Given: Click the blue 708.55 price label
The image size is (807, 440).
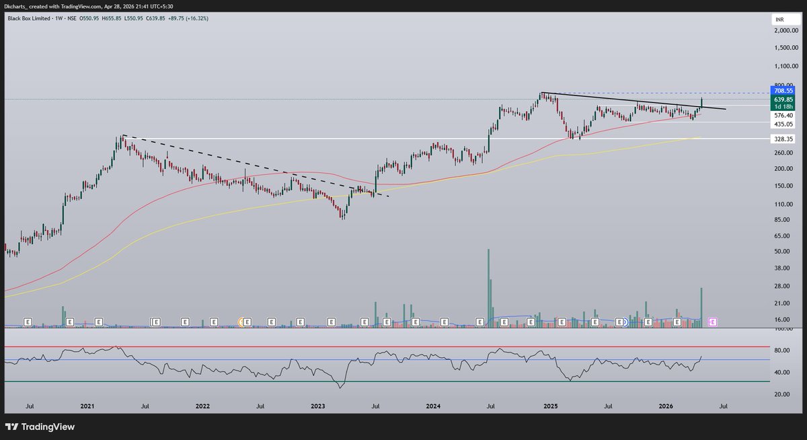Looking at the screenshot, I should coord(783,90).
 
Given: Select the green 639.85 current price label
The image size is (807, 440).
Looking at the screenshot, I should coord(783,100).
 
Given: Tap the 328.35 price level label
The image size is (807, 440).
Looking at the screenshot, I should coord(783,139).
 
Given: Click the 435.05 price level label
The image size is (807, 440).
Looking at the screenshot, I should coord(783,124).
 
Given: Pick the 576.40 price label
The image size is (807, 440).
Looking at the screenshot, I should coord(783,116).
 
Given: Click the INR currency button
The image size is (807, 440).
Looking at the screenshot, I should coord(779,21).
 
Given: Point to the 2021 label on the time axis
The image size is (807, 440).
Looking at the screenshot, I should coord(87,406).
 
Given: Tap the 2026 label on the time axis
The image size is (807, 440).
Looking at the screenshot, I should coord(666,406).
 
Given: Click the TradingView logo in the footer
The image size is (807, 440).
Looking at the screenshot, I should coord(40,427).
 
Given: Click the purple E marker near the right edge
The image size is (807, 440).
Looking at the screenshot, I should coord(712,322).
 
